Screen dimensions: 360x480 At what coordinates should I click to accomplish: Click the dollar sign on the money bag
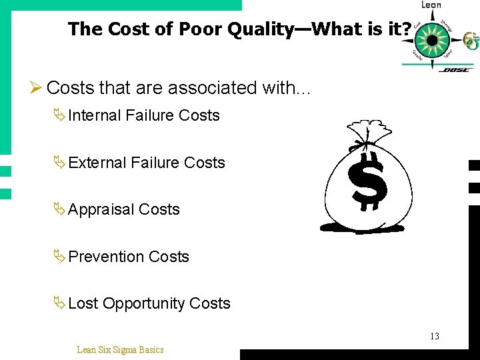(368, 181)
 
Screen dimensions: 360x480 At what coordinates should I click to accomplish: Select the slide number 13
(434, 336)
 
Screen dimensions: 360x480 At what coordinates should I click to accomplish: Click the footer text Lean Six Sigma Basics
(120, 349)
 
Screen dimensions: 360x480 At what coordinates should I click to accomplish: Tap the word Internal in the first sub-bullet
(94, 115)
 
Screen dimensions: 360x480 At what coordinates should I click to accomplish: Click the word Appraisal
(101, 210)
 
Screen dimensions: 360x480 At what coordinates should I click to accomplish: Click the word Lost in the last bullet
(83, 303)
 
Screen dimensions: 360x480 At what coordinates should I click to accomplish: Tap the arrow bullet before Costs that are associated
(37, 88)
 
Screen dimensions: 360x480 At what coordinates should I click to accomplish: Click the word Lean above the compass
(431, 5)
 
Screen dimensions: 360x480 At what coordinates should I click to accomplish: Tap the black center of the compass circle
(432, 40)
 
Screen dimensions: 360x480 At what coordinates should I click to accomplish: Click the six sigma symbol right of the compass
(471, 41)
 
